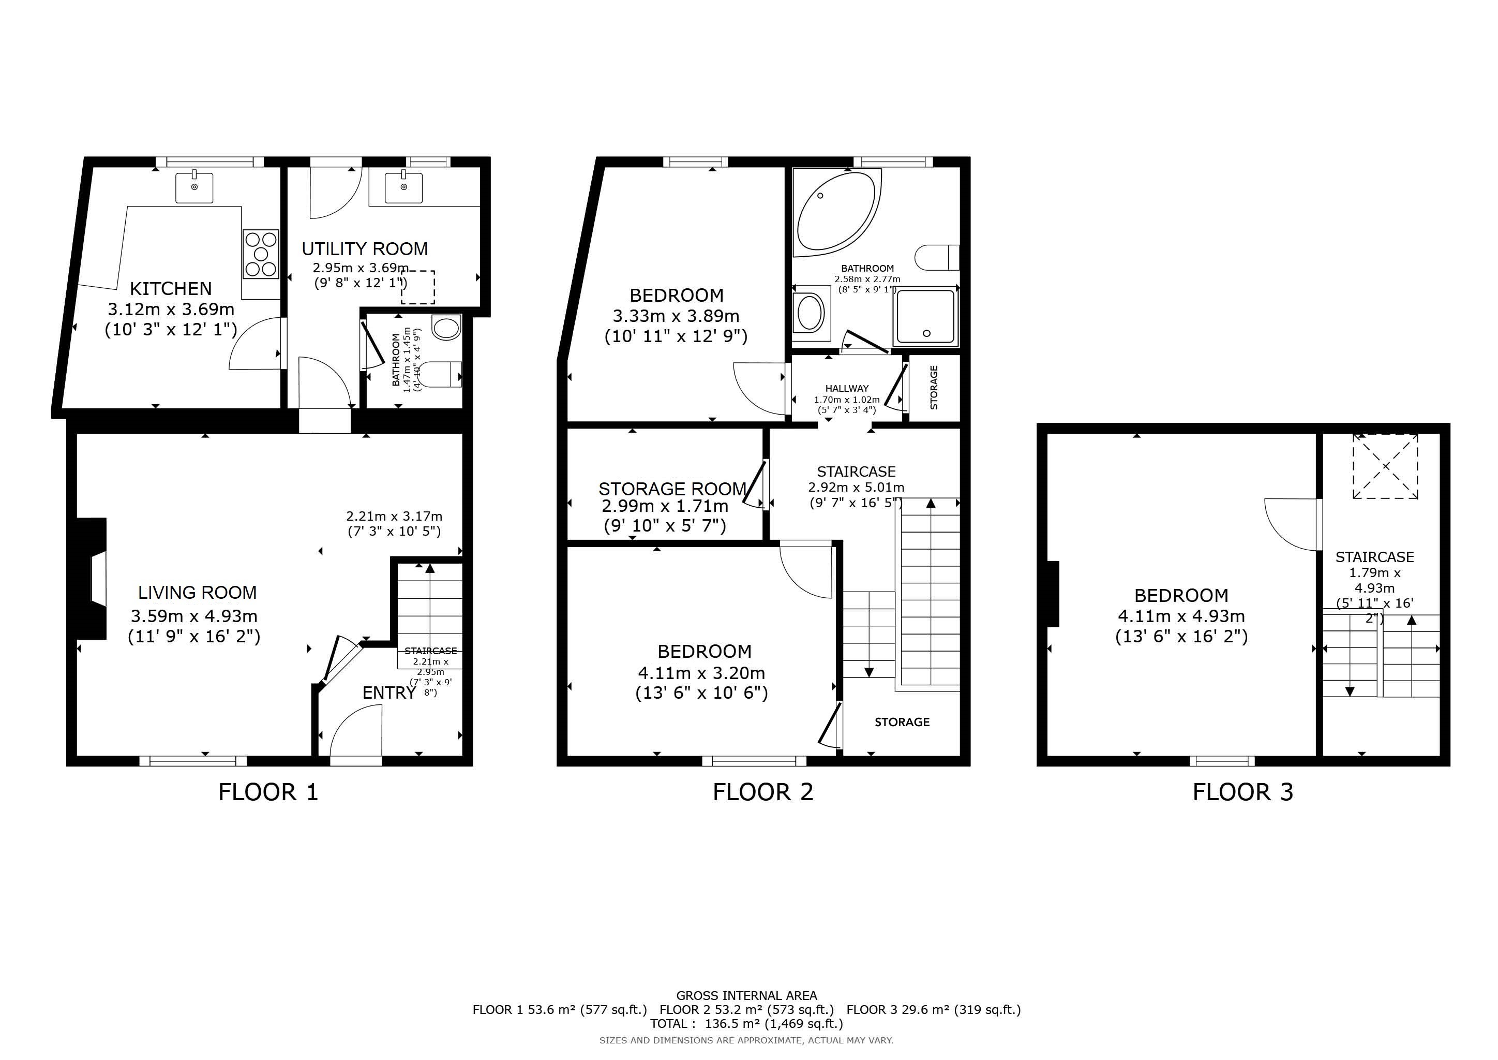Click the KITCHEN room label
(x=171, y=288)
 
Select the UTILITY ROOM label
(x=365, y=248)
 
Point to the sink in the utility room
(x=404, y=187)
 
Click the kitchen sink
(x=194, y=187)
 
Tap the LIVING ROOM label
(x=197, y=593)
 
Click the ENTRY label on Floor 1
(x=389, y=693)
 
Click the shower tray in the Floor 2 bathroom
(x=925, y=317)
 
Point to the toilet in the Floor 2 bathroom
(x=937, y=257)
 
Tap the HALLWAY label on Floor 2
(x=847, y=388)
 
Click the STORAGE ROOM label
(x=672, y=489)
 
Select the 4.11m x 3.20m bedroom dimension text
(x=701, y=673)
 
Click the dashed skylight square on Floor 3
(x=1385, y=466)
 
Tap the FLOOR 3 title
(x=1243, y=792)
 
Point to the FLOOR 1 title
(x=268, y=792)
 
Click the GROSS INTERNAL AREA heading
(x=746, y=995)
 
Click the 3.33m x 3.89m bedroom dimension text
(x=676, y=316)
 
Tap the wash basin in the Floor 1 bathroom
(x=446, y=327)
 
